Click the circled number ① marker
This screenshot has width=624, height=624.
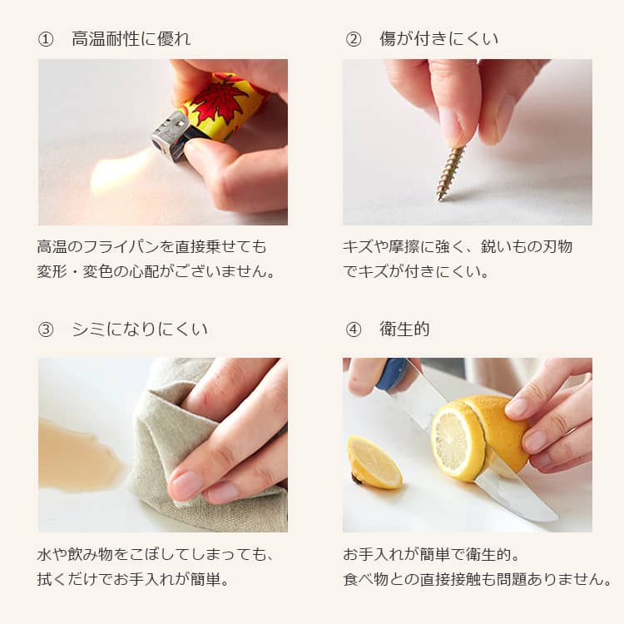[x=46, y=39]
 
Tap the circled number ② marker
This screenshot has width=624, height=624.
[x=354, y=39]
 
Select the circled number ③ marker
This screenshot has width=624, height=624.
[x=46, y=329]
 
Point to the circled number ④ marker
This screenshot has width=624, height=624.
[x=354, y=329]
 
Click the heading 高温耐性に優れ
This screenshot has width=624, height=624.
[x=131, y=39]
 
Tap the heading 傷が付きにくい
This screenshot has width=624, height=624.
[x=439, y=39]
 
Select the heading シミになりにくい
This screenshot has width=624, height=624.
[x=140, y=329]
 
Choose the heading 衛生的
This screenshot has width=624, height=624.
[x=404, y=329]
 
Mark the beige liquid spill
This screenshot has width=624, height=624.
[x=77, y=453]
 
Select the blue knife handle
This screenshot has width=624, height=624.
[x=391, y=374]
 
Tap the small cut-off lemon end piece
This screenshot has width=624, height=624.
[x=374, y=462]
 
